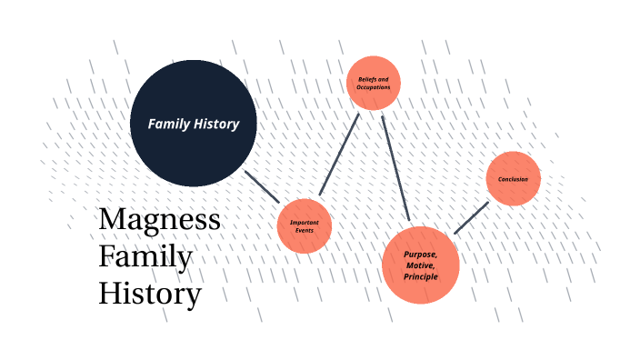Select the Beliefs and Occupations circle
[x=374, y=83]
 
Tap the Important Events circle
[x=305, y=225]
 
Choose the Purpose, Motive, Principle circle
[x=421, y=265]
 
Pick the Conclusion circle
[x=514, y=178]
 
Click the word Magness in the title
[x=159, y=220]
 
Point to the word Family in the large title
[x=145, y=257]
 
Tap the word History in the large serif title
[x=149, y=295]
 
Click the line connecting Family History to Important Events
[x=262, y=185]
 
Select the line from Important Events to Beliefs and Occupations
[x=340, y=155]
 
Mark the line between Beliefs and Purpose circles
[x=395, y=168]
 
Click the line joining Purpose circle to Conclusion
[x=471, y=218]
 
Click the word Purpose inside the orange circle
[x=421, y=254]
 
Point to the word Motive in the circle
[x=421, y=265]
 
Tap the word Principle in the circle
[x=421, y=275]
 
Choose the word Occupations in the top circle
[x=374, y=87]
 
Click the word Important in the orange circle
[x=305, y=223]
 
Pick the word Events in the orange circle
[x=305, y=231]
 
